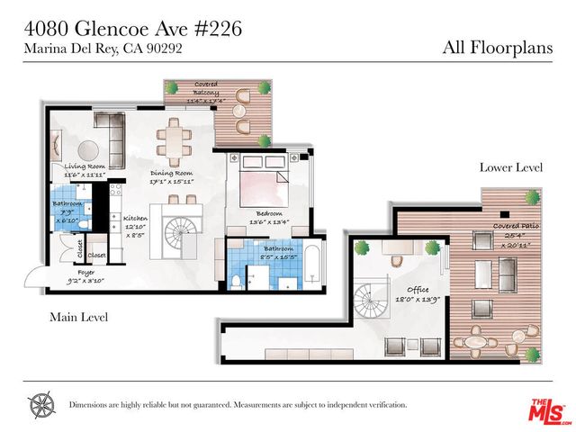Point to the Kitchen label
[135, 219]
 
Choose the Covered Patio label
[517, 225]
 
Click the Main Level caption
[80, 317]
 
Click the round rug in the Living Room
[87, 149]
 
